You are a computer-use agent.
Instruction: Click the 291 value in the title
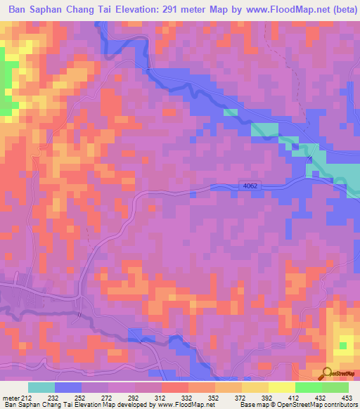(x=185, y=10)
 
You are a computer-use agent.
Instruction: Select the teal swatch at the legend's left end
(x=41, y=387)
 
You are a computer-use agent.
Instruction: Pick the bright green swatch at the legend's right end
(x=335, y=387)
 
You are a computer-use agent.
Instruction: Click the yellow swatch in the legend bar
(x=281, y=387)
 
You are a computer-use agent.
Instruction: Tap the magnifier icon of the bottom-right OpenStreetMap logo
(x=328, y=373)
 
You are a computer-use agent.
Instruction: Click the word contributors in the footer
(x=341, y=405)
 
